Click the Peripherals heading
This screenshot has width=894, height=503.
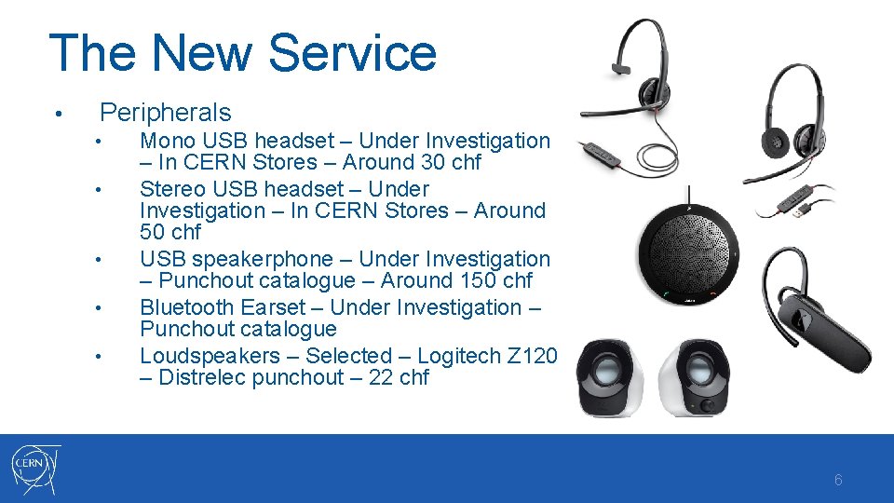165,113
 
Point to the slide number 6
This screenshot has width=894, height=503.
838,481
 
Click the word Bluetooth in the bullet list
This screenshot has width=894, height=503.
186,307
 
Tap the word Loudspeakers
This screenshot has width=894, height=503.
210,356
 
